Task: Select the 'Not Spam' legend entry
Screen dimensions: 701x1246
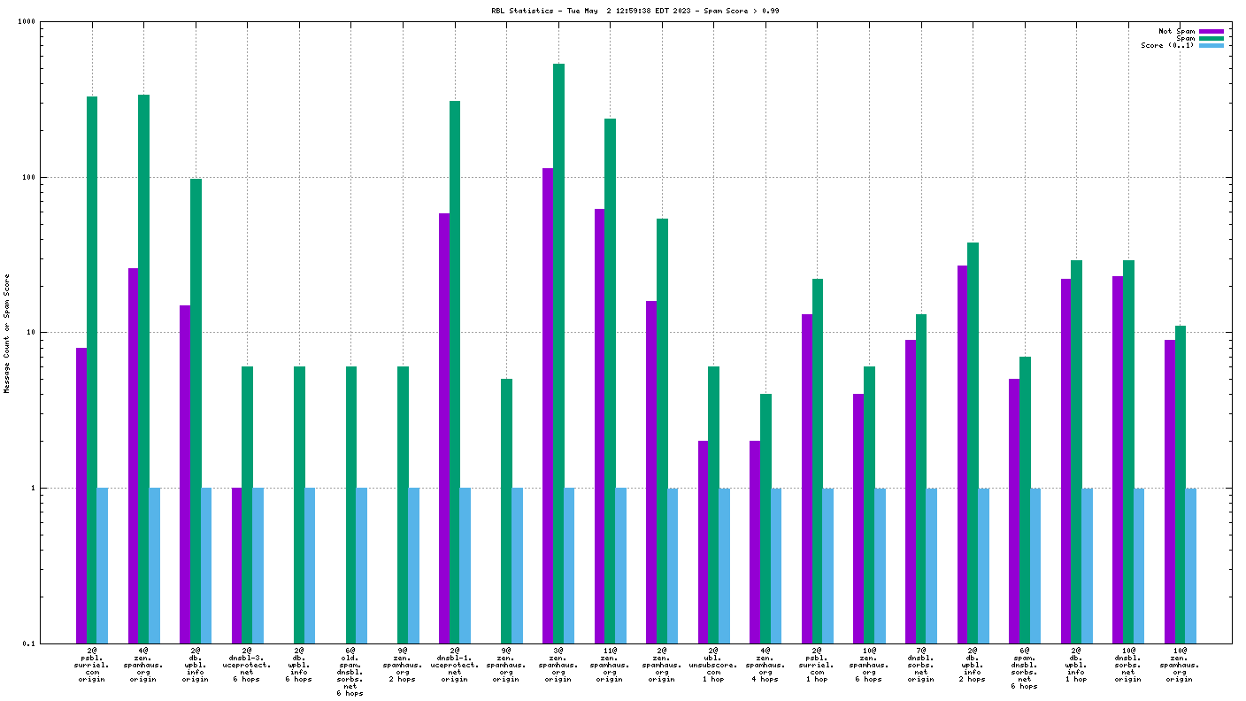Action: click(1176, 31)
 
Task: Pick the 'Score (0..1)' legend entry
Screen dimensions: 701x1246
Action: click(1167, 45)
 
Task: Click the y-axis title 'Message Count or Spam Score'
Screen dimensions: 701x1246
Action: click(7, 333)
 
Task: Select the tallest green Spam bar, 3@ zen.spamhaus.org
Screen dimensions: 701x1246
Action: click(558, 353)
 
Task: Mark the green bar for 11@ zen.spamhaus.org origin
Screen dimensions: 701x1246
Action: click(610, 381)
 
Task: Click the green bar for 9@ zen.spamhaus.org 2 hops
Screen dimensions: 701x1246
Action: click(403, 505)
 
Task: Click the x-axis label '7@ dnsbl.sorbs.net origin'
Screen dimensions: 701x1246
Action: click(920, 664)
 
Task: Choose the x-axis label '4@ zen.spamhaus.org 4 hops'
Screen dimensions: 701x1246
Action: click(765, 664)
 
